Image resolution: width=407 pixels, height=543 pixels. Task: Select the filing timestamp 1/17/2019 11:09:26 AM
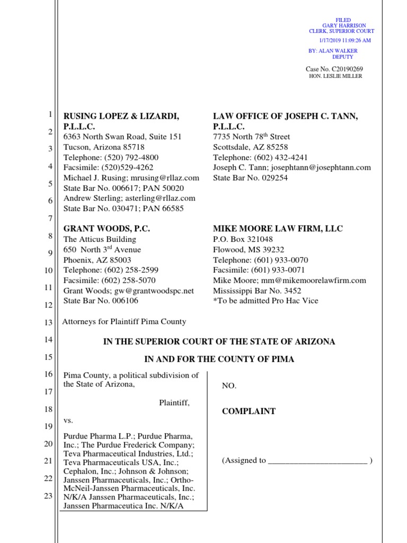[344, 40]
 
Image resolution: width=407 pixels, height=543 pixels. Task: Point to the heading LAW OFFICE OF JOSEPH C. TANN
[286, 116]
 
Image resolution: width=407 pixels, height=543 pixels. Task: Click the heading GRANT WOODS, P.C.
[107, 229]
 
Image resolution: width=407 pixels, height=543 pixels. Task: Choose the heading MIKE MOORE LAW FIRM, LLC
[278, 229]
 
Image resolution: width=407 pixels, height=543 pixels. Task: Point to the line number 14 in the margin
[47, 341]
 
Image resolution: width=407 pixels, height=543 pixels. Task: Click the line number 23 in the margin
[47, 496]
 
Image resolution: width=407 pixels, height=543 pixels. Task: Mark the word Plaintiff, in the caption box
[174, 402]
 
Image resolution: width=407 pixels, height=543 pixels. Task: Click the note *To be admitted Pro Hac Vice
[266, 301]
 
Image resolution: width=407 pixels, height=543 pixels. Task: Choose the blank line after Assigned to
[317, 461]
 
